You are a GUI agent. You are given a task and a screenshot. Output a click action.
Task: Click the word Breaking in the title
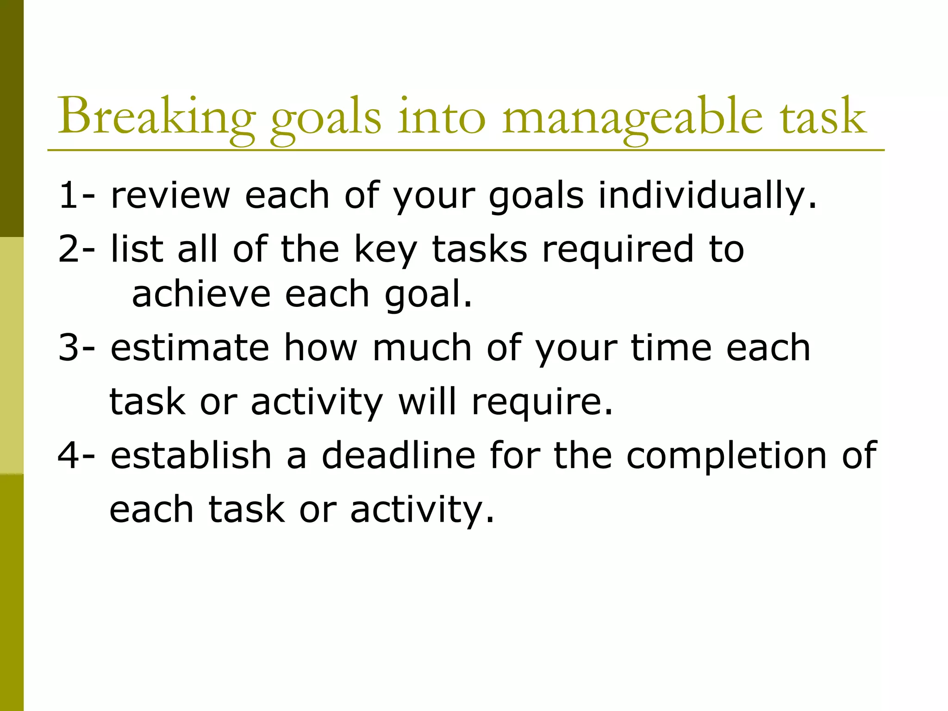tap(156, 116)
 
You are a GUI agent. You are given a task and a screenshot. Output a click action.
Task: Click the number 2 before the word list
tap(68, 249)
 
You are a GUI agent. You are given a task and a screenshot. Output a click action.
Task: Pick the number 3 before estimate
tap(68, 348)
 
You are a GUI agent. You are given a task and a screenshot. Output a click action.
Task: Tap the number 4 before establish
tap(68, 455)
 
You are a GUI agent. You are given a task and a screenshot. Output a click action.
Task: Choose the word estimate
tap(190, 348)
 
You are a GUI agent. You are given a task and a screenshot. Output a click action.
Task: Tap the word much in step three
tap(422, 348)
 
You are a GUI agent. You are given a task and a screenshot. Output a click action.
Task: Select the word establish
tap(191, 455)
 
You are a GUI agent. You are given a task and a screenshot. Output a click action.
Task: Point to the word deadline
tap(398, 455)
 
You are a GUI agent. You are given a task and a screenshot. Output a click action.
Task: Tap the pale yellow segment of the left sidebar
tap(12, 355)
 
